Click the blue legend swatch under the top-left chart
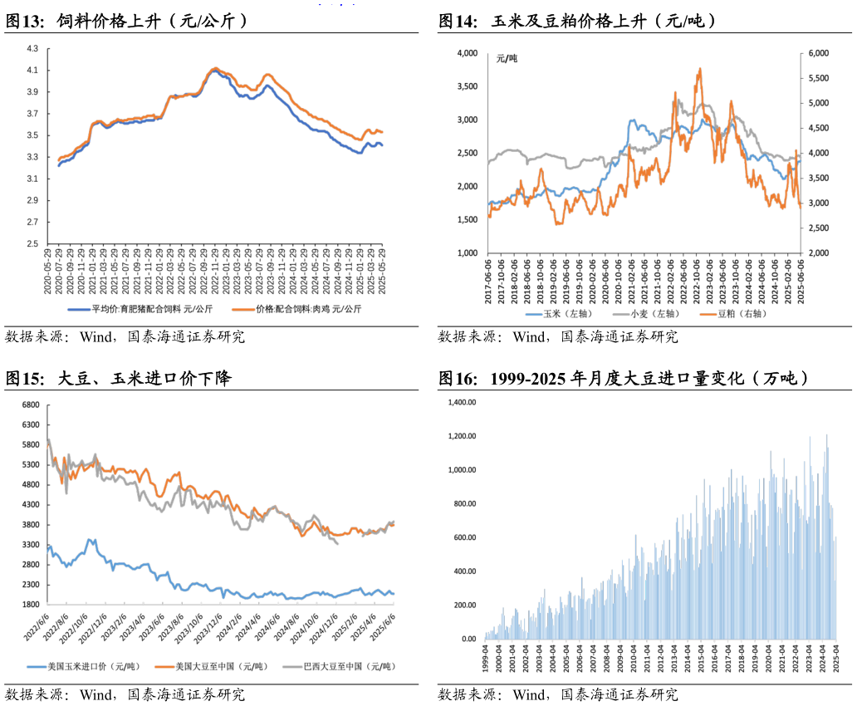tap(79, 309)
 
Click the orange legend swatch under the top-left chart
tap(243, 309)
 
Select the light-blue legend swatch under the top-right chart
tap(533, 315)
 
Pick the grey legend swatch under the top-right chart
tap(620, 315)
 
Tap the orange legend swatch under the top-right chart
tap(708, 315)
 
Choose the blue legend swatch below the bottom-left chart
tap(37, 666)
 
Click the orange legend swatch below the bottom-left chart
tap(164, 666)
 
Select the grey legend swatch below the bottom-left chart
tap(292, 666)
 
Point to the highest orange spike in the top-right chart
tap(699, 70)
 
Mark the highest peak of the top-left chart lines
tap(216, 68)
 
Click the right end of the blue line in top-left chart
tap(382, 145)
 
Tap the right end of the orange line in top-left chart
tap(382, 132)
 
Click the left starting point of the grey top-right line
tap(488, 163)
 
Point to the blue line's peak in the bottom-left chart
tap(91, 540)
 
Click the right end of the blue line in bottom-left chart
tap(394, 594)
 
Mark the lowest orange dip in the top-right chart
tap(558, 223)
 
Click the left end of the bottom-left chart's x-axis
tap(47, 604)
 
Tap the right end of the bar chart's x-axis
tap(835, 640)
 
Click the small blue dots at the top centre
tap(336, 5)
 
